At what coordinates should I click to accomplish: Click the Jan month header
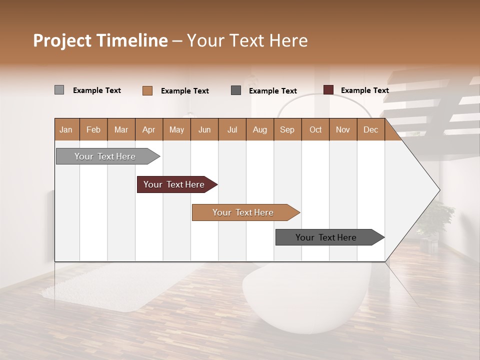pyautogui.click(x=66, y=129)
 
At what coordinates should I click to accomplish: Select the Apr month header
pyautogui.click(x=148, y=129)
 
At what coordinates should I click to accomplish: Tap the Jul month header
pyautogui.click(x=232, y=129)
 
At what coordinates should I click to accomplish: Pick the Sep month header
pyautogui.click(x=287, y=129)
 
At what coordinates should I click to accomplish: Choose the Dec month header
pyautogui.click(x=370, y=129)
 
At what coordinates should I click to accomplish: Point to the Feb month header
pyautogui.click(x=93, y=129)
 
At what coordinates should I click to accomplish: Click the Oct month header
pyautogui.click(x=315, y=129)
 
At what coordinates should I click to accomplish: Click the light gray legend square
pyautogui.click(x=59, y=90)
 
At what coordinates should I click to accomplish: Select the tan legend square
pyautogui.click(x=147, y=90)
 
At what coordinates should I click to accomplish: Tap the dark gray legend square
pyautogui.click(x=236, y=90)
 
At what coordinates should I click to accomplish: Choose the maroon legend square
pyautogui.click(x=328, y=90)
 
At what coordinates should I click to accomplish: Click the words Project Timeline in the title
pyautogui.click(x=100, y=40)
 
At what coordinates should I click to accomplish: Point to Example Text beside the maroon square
pyautogui.click(x=364, y=90)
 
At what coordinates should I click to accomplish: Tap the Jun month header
pyautogui.click(x=204, y=129)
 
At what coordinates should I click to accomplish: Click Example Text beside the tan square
pyautogui.click(x=184, y=91)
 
